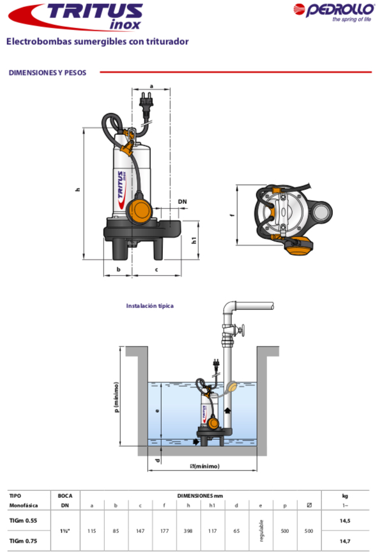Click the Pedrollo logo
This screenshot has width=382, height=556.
click(x=334, y=12)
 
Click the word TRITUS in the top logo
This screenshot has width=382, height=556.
click(x=95, y=12)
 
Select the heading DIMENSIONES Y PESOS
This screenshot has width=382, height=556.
click(x=47, y=73)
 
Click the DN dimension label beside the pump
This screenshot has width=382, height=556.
click(x=182, y=202)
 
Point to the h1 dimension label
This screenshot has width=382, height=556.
click(x=194, y=240)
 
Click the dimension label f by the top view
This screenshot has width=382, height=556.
click(x=232, y=215)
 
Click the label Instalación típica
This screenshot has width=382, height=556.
click(x=150, y=305)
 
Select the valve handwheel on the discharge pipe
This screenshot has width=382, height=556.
click(x=241, y=330)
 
